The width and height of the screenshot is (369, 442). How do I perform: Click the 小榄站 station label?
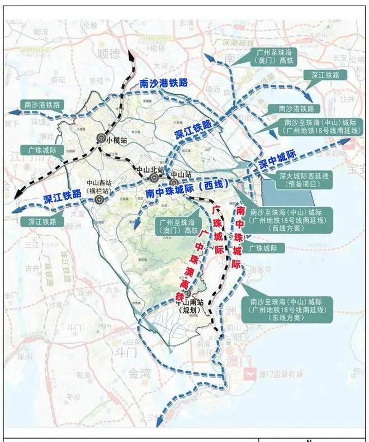coord(117,140)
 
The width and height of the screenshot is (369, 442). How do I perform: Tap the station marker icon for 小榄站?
coord(101,136)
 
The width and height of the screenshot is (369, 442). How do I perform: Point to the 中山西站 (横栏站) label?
coord(100,186)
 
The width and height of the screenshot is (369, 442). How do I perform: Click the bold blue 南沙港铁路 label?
coord(163,83)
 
